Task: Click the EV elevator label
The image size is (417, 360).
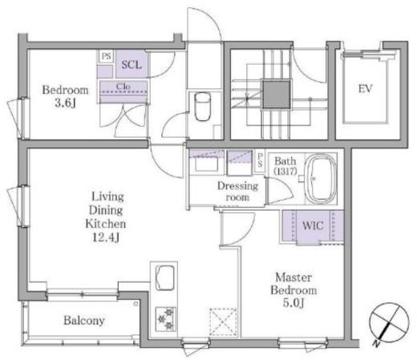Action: click(366, 89)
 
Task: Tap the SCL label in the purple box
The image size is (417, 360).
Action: click(132, 65)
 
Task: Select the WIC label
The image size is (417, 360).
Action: click(313, 226)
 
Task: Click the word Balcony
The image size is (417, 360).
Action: click(84, 320)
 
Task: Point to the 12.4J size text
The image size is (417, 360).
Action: click(106, 237)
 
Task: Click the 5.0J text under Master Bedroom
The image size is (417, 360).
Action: click(294, 303)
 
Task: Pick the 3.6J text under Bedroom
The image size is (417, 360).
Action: click(65, 103)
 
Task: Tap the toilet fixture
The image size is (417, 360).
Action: click(202, 107)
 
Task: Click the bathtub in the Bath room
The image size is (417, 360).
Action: click(321, 179)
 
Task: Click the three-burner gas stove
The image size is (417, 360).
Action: click(165, 319)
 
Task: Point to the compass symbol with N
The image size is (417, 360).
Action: click(388, 323)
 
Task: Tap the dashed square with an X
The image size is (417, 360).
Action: click(223, 322)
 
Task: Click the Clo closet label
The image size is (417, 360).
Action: click(123, 87)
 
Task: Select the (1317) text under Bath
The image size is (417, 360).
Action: click(285, 172)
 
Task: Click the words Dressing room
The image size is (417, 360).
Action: click(237, 192)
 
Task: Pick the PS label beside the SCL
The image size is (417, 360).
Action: click(106, 56)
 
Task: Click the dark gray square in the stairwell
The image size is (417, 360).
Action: click(276, 95)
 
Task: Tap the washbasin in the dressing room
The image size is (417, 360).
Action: click(206, 164)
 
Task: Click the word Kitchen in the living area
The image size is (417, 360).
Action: click(105, 224)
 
